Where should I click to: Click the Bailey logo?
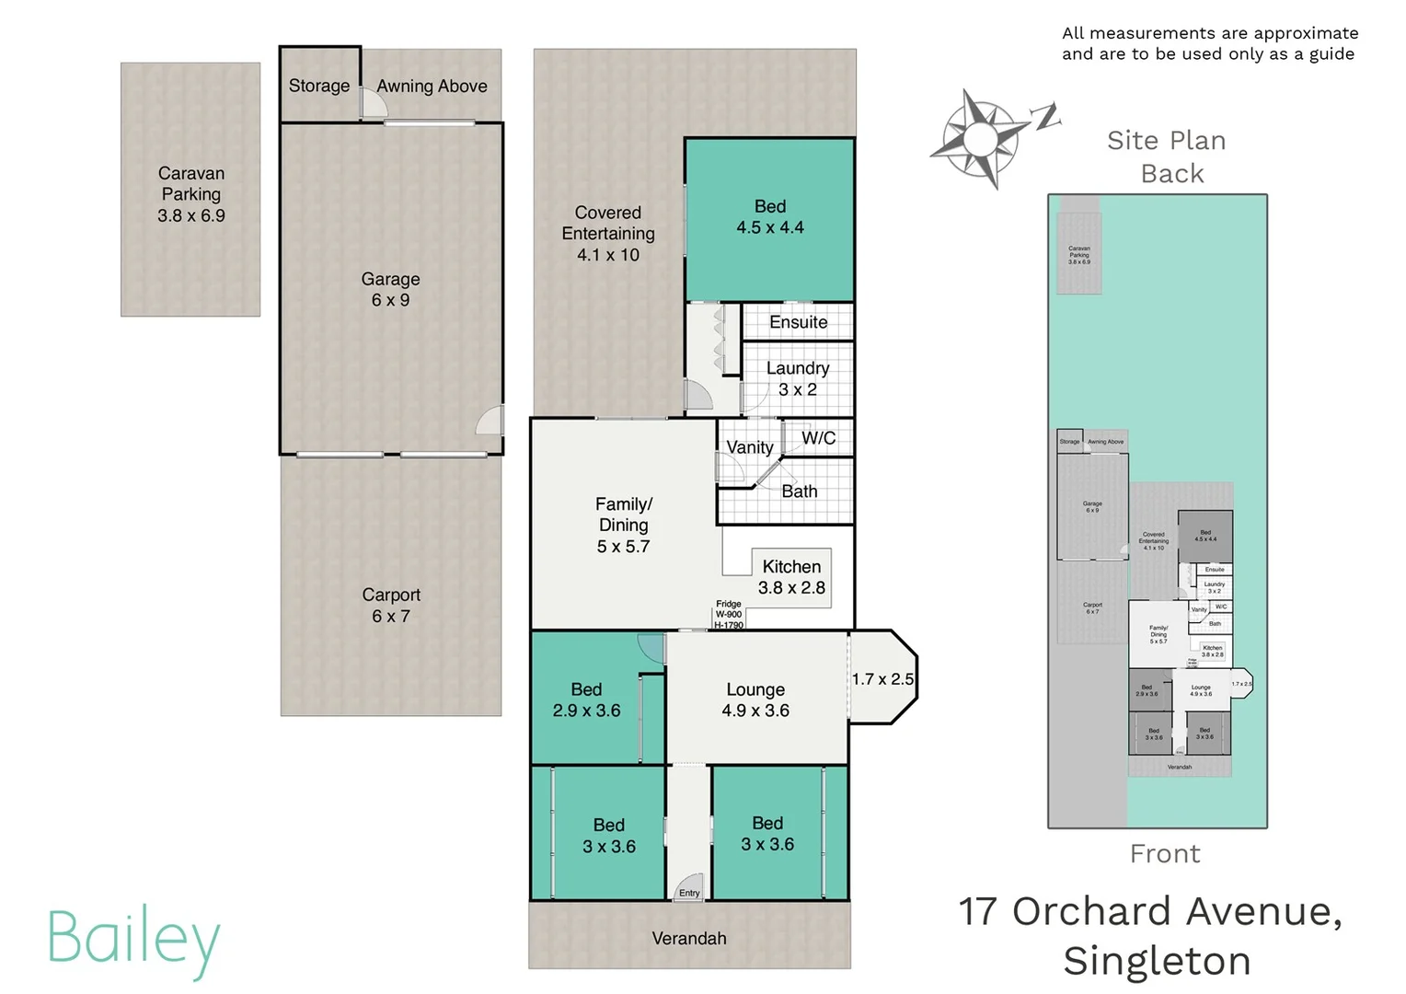133,940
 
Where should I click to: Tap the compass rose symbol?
981,139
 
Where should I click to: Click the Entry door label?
689,893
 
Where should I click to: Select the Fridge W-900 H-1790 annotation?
729,615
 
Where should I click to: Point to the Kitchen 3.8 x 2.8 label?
791,577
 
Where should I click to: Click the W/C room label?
818,438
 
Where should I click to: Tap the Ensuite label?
798,322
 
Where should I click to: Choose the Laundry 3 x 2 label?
798,378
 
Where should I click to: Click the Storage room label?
318,86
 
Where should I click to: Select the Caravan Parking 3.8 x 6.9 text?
190,194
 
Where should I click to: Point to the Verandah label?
689,938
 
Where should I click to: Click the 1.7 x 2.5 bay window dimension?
882,679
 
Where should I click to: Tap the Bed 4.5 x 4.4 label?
769,217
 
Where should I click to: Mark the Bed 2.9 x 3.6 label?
586,699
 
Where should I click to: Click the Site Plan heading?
1166,141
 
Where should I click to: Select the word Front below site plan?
1165,854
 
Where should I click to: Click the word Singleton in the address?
1157,961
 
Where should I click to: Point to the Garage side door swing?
490,421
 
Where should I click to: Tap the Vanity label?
750,447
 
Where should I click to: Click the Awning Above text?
432,86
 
